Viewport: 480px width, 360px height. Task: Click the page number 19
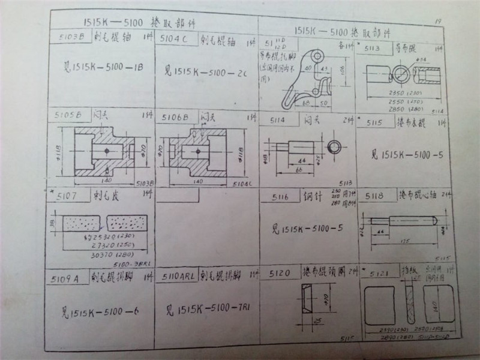click(x=438, y=22)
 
